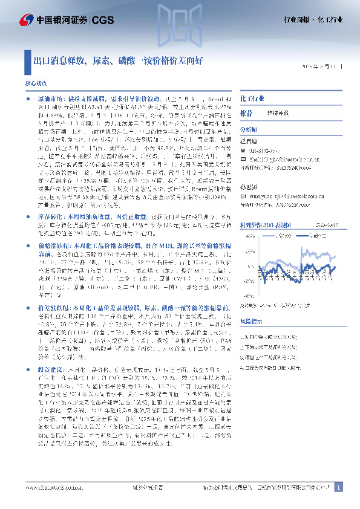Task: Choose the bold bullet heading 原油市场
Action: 49,97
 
